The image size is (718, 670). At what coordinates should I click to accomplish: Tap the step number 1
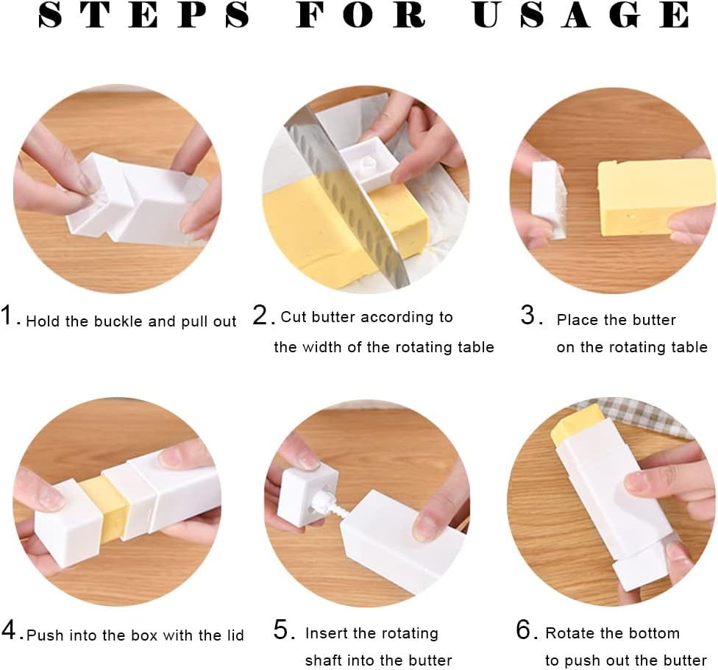[x=10, y=317]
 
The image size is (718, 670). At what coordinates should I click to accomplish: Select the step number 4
[x=10, y=630]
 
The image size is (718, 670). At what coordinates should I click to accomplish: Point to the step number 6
[x=523, y=630]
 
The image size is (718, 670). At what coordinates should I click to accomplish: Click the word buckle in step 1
[x=116, y=321]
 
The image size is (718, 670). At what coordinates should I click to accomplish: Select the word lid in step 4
[x=234, y=634]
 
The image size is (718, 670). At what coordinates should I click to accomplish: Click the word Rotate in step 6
[x=569, y=633]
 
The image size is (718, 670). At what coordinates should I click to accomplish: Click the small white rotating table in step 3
[x=547, y=199]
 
